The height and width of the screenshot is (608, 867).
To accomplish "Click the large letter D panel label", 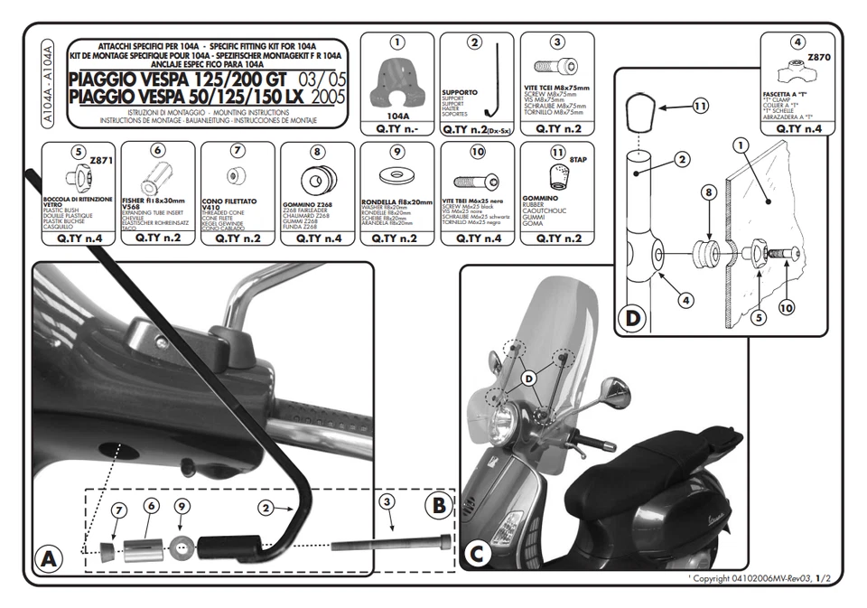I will pyautogui.click(x=631, y=317).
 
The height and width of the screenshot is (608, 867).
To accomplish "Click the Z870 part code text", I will pyautogui.click(x=818, y=56).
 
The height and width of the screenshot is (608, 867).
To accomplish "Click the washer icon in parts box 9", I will pyautogui.click(x=397, y=175).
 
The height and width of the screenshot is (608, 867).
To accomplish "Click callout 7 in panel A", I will pyautogui.click(x=118, y=511).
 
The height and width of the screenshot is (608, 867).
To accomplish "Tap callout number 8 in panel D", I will pyautogui.click(x=708, y=192).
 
